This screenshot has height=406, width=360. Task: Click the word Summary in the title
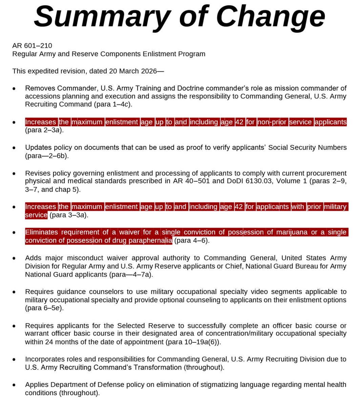102,17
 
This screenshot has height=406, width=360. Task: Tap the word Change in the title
271,17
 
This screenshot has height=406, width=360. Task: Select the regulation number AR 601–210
32,46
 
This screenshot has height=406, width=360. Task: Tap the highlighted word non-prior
272,122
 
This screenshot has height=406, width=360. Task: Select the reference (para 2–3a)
44,130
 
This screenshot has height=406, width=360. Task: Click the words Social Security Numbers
308,148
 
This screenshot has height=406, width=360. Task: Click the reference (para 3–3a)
69,215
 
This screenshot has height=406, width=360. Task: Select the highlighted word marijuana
292,232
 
